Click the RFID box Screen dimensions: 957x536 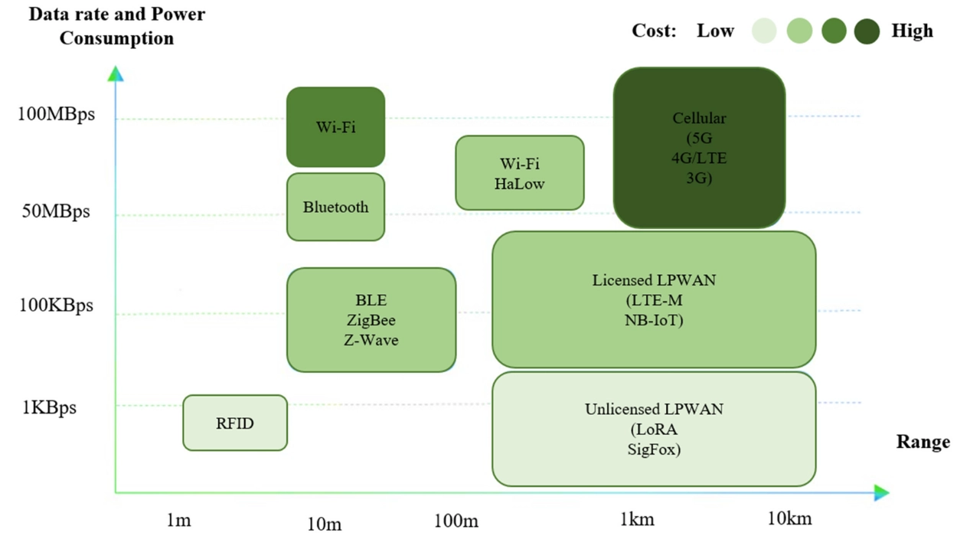(235, 423)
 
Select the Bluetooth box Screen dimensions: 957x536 (336, 207)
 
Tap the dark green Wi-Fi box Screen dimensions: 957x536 (336, 127)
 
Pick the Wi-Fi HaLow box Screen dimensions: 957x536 (520, 173)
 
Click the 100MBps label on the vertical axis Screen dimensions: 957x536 (56, 114)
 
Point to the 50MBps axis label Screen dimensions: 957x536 (56, 211)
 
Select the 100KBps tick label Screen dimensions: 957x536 (56, 306)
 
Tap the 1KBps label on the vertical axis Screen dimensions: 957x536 (49, 407)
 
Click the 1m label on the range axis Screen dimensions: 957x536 (178, 520)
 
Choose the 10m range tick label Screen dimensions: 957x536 (325, 524)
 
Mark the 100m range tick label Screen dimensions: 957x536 (456, 521)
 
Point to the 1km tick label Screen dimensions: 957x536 (637, 519)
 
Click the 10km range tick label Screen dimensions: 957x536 (789, 518)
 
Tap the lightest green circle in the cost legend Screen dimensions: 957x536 (764, 31)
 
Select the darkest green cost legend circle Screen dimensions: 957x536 (867, 31)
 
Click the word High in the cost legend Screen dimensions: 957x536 (912, 31)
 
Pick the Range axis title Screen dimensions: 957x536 (923, 442)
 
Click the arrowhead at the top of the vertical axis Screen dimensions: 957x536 (116, 74)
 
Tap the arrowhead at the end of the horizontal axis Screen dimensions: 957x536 (882, 493)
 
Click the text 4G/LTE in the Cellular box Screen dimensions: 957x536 (699, 159)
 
